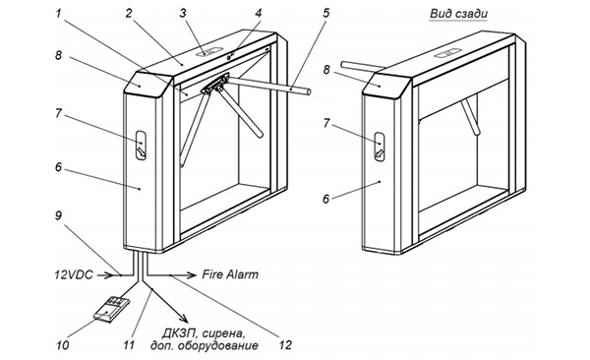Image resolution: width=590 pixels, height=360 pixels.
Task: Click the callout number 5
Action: (x=325, y=13)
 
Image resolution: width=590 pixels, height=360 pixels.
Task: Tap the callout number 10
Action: (x=63, y=345)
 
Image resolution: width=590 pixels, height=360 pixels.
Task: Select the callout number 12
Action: (x=285, y=345)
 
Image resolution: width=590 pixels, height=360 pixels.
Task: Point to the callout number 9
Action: (x=58, y=215)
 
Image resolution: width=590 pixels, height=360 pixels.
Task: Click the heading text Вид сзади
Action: (x=458, y=14)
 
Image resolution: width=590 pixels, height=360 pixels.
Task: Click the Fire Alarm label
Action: (x=230, y=274)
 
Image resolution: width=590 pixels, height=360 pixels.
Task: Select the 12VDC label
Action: (x=74, y=274)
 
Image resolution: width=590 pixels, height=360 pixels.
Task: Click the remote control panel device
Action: (x=111, y=310)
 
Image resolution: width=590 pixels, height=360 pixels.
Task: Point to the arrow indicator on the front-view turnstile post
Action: (x=141, y=147)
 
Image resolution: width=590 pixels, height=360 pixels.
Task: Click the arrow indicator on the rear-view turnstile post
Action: (x=380, y=147)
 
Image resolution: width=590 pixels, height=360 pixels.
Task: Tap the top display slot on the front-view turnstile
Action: (x=209, y=52)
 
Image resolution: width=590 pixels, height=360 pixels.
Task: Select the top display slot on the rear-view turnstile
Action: (x=447, y=54)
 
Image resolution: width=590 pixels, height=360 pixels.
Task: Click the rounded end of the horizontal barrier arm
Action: (x=309, y=91)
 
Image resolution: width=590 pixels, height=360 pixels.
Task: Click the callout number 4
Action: (x=258, y=13)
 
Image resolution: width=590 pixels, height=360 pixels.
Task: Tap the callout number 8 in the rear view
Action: (x=326, y=70)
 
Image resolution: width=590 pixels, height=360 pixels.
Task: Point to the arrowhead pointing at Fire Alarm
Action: (x=192, y=275)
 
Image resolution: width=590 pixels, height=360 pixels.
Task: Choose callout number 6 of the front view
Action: (x=58, y=167)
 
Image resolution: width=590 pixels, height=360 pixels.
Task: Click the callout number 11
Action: (x=129, y=345)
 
